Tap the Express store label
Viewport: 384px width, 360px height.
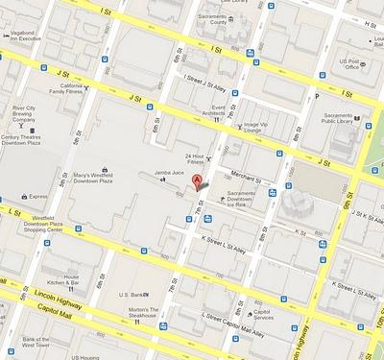(x=38, y=196)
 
